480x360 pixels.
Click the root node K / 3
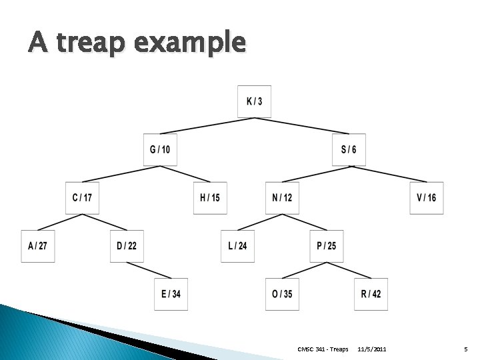254,101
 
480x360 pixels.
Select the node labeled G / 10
160,149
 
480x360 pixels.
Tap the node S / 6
349,149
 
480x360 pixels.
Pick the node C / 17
82,198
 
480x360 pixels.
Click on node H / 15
210,198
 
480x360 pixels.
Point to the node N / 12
282,198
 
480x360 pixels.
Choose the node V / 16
427,198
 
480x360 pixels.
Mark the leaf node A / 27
37,246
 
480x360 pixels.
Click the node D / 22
127,246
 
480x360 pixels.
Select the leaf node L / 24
238,246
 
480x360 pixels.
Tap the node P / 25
327,246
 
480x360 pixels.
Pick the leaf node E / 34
171,294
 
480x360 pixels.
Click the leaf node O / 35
282,294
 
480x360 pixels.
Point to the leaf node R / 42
371,294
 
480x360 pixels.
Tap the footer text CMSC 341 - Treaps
323,349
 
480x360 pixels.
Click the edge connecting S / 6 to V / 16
387,174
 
